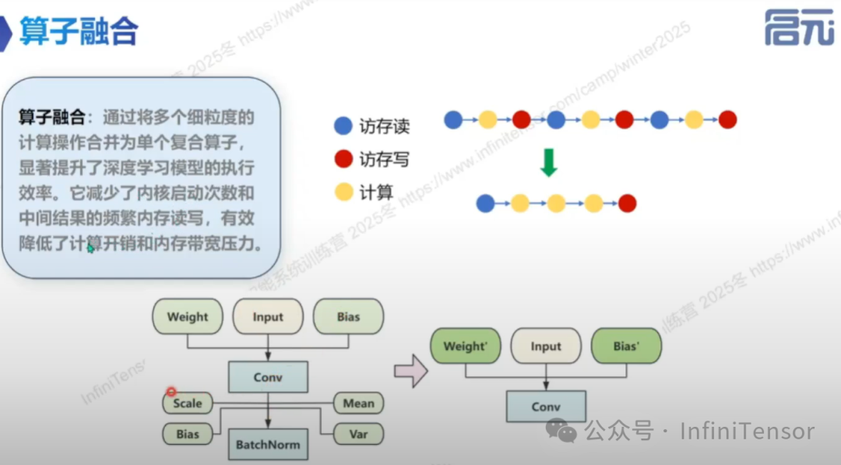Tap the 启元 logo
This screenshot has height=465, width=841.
click(x=798, y=29)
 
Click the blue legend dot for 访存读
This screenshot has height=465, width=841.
click(x=343, y=125)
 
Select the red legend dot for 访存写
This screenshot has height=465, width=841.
click(x=343, y=159)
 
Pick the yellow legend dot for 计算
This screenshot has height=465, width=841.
click(x=343, y=192)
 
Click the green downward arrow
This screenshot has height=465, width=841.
click(x=549, y=162)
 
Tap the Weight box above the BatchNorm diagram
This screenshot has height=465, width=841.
click(x=188, y=317)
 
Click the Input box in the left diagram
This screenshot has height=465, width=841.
click(x=268, y=317)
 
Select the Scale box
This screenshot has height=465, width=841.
click(x=188, y=403)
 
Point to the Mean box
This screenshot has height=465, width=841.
click(x=358, y=403)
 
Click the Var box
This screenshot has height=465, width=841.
click(x=358, y=434)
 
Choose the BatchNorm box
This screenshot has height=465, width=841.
click(x=268, y=446)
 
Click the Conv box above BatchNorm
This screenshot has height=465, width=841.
click(x=268, y=378)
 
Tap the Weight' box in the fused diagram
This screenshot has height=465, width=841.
click(x=465, y=347)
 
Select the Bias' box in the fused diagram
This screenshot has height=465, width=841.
click(x=625, y=347)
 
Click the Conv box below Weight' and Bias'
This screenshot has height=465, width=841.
click(x=546, y=407)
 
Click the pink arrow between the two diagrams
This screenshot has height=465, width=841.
click(x=411, y=372)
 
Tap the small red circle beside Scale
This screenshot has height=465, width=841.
click(x=171, y=393)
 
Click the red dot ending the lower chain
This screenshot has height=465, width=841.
click(x=628, y=204)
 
